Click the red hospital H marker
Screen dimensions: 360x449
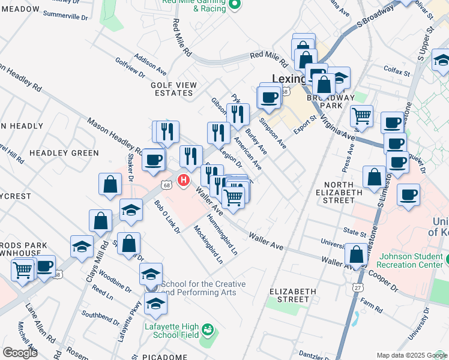[x=185, y=179]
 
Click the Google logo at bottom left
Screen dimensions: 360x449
[x=20, y=352]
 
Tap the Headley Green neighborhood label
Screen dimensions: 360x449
[x=64, y=153]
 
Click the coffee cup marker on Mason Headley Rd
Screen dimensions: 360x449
[x=154, y=160]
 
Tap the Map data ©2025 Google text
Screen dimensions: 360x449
[x=412, y=355]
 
